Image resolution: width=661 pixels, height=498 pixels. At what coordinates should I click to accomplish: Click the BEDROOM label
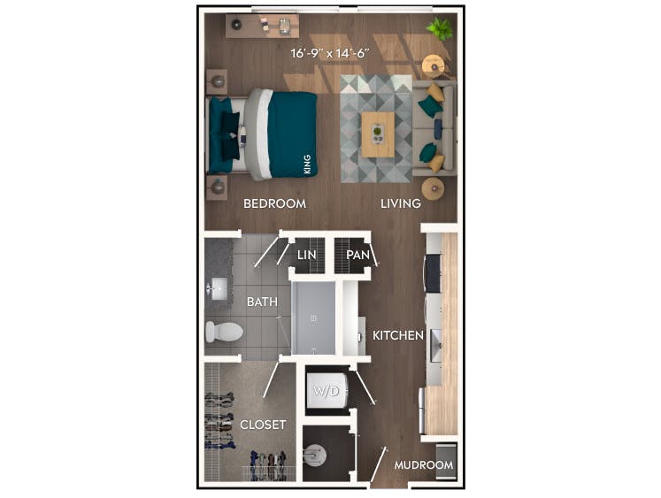click(x=274, y=203)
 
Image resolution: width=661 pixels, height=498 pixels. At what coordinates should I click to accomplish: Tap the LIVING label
click(x=400, y=203)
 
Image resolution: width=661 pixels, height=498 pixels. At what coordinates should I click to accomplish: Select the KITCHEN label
click(x=397, y=335)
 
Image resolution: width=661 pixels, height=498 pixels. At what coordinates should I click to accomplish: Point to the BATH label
click(x=262, y=302)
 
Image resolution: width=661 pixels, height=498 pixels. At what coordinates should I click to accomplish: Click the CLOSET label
click(x=263, y=425)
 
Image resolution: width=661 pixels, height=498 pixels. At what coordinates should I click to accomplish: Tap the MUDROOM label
click(x=423, y=465)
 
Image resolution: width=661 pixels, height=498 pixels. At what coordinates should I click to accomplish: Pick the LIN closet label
click(x=306, y=255)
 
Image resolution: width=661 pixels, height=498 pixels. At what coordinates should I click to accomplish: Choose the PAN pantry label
click(x=357, y=255)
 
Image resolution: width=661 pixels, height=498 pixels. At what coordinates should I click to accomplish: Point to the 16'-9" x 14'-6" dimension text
click(x=329, y=53)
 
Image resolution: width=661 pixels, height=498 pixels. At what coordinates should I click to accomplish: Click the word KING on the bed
click(x=307, y=164)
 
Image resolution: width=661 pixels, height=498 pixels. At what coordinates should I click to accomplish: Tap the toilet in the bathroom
click(x=223, y=332)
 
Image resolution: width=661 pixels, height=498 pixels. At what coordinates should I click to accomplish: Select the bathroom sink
click(x=218, y=287)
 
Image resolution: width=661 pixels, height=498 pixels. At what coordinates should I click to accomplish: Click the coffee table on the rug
click(x=378, y=134)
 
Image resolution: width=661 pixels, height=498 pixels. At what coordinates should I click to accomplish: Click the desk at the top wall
click(x=262, y=25)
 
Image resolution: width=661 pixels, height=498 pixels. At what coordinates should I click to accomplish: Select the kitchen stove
click(x=434, y=272)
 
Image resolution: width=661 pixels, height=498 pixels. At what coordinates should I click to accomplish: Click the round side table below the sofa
click(x=433, y=188)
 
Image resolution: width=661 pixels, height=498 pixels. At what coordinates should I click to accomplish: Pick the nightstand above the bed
click(x=217, y=81)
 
